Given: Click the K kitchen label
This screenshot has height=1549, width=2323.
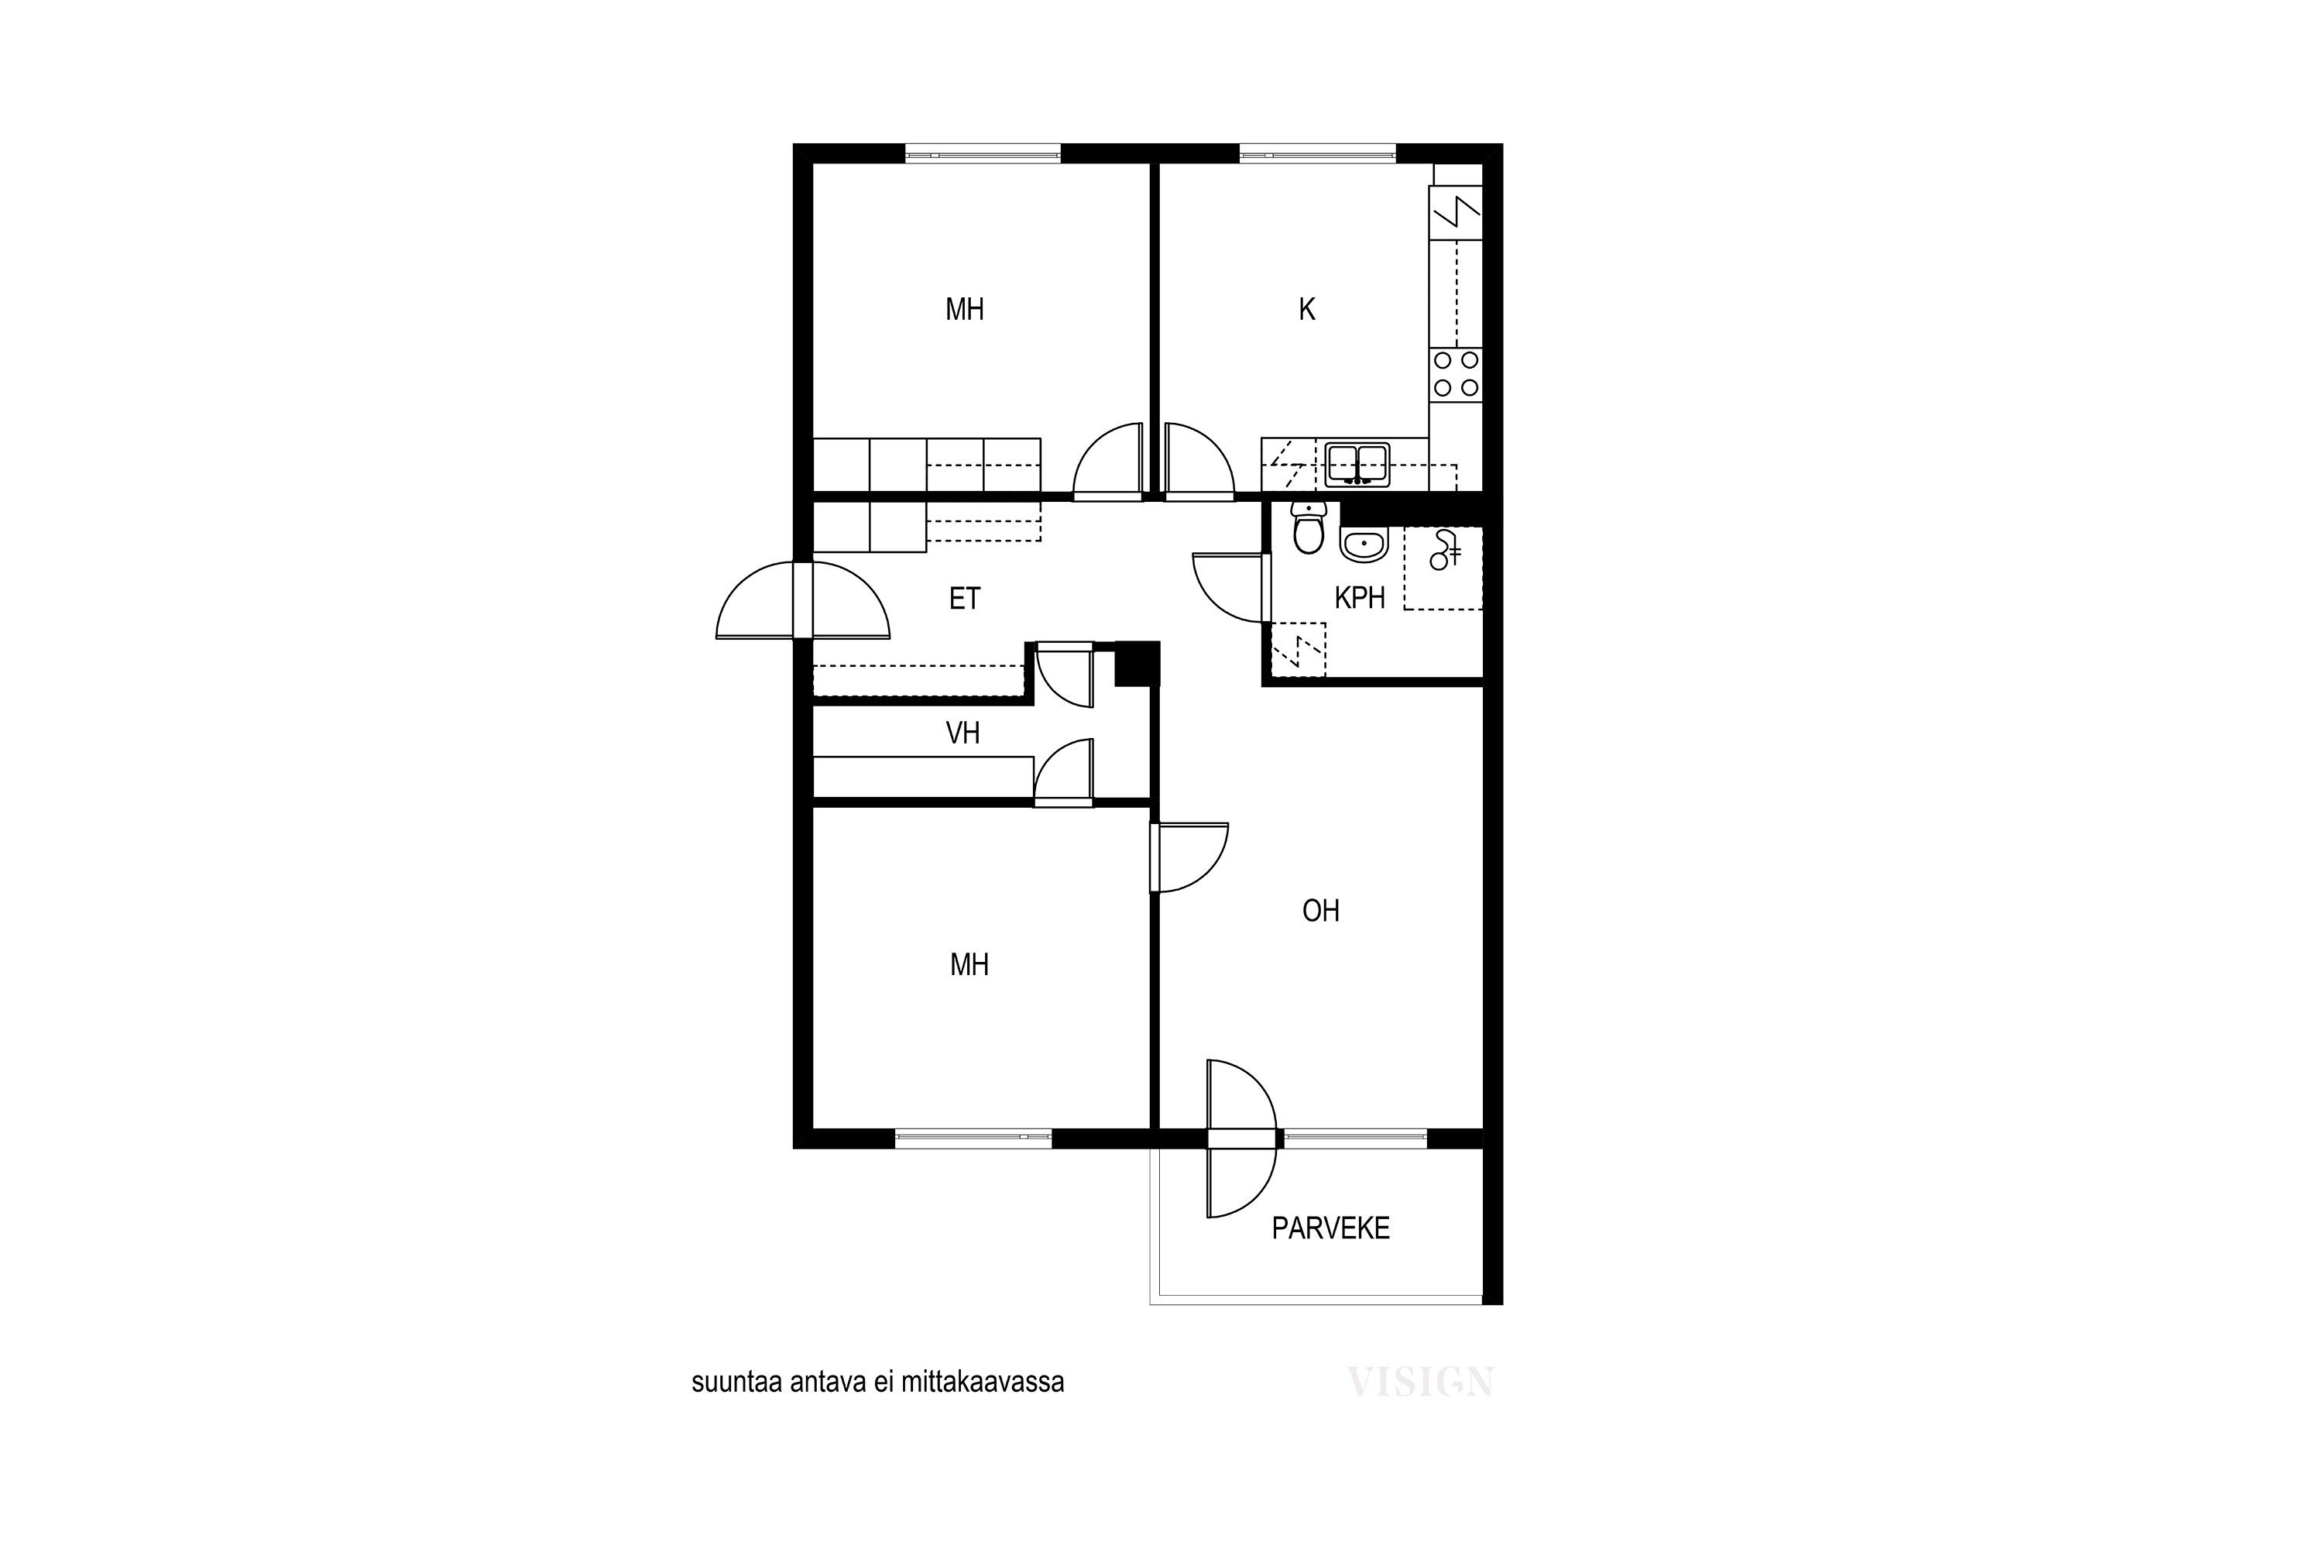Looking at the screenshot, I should click(1307, 311).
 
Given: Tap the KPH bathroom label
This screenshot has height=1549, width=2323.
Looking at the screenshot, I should click(1359, 598).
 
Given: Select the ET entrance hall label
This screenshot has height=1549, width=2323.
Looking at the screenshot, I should click(964, 599).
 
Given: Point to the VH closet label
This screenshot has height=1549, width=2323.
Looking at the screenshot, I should click(963, 733).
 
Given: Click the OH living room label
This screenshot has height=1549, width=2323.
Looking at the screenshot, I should click(1320, 911).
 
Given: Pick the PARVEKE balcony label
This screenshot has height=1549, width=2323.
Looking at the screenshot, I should click(1330, 1228).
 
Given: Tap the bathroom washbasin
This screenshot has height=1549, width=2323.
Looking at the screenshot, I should click(1364, 544).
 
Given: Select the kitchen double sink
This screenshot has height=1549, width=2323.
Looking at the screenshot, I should click(1357, 464).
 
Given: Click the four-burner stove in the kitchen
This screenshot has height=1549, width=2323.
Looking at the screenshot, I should click(1456, 374).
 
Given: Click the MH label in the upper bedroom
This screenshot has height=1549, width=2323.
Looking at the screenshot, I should click(964, 311).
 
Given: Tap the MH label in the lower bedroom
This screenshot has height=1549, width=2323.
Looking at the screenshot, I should click(969, 965).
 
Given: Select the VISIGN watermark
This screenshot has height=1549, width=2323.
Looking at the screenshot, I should click(1420, 1381).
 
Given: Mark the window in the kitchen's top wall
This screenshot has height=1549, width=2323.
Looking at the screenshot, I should click(1318, 153).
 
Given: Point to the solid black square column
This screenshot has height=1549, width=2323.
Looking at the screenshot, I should click(1137, 663).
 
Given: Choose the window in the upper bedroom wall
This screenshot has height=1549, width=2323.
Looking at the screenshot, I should click(983, 153).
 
